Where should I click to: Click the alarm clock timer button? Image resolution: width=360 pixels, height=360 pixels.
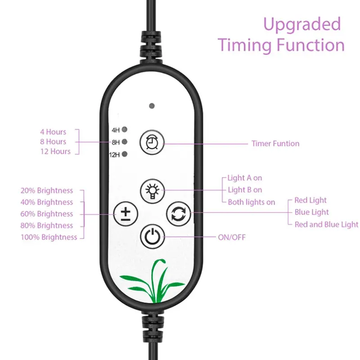click(152, 142)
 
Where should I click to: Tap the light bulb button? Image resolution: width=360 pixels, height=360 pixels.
click(153, 191)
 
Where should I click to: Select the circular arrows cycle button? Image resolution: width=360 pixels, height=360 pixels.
click(178, 214)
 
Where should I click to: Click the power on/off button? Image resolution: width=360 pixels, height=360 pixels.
click(153, 237)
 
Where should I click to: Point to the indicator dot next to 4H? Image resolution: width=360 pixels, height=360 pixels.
click(125, 130)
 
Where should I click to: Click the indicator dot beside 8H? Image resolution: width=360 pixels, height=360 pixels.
click(125, 142)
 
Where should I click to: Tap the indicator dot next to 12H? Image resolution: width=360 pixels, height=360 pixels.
click(125, 154)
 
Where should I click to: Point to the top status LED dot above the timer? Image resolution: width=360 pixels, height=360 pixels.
click(152, 106)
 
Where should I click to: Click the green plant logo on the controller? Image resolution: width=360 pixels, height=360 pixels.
click(153, 281)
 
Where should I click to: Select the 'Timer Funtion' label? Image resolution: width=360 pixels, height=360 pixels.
click(275, 144)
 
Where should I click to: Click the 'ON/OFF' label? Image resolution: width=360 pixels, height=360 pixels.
click(232, 237)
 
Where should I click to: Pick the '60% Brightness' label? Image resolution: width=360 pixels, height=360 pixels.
click(47, 214)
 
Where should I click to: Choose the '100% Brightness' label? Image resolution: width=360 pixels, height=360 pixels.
click(49, 237)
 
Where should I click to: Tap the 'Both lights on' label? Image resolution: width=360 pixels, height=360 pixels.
click(252, 202)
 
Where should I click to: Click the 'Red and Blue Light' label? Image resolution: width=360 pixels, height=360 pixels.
click(326, 225)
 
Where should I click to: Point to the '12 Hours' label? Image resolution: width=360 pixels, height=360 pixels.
click(55, 152)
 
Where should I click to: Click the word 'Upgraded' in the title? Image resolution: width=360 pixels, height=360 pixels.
click(302, 25)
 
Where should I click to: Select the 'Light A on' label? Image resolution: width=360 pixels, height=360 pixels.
click(245, 178)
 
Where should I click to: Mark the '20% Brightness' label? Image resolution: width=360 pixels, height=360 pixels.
click(47, 190)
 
